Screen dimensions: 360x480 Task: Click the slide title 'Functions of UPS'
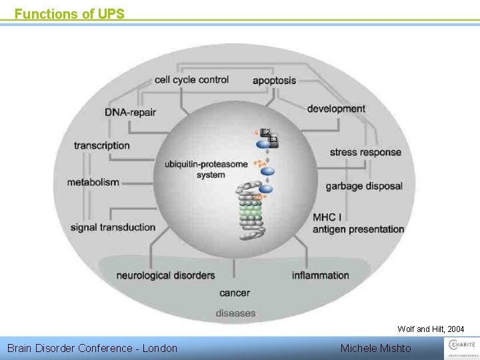69,13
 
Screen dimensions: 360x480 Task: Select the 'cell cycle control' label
191,80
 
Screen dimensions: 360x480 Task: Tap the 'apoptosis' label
274,81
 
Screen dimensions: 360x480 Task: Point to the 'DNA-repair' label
130,112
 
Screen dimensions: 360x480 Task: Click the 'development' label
336,109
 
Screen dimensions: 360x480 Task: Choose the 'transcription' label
102,145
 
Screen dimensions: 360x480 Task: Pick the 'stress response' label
365,152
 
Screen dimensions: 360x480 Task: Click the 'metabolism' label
93,182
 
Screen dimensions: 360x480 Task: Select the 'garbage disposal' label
364,186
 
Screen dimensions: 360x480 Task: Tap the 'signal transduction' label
113,227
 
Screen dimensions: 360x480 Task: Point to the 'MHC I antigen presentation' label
358,223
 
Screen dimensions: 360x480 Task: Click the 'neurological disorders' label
165,275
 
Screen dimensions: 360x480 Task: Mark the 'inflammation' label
320,275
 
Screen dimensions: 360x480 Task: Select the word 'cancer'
235,293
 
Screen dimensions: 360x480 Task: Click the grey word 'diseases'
235,313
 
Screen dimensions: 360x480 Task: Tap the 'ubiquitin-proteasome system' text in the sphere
207,169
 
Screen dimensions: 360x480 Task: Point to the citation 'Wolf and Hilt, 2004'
431,329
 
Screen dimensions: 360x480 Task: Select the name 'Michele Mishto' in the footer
375,348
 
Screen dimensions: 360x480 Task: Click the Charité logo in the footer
461,347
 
